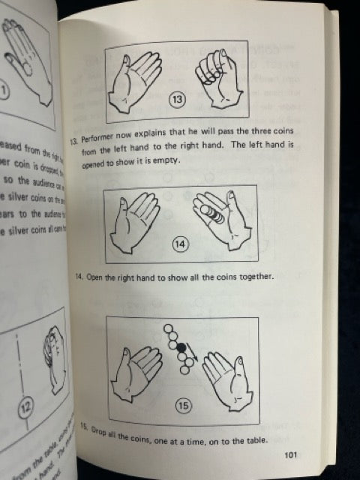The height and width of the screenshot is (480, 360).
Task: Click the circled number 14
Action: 181,243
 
